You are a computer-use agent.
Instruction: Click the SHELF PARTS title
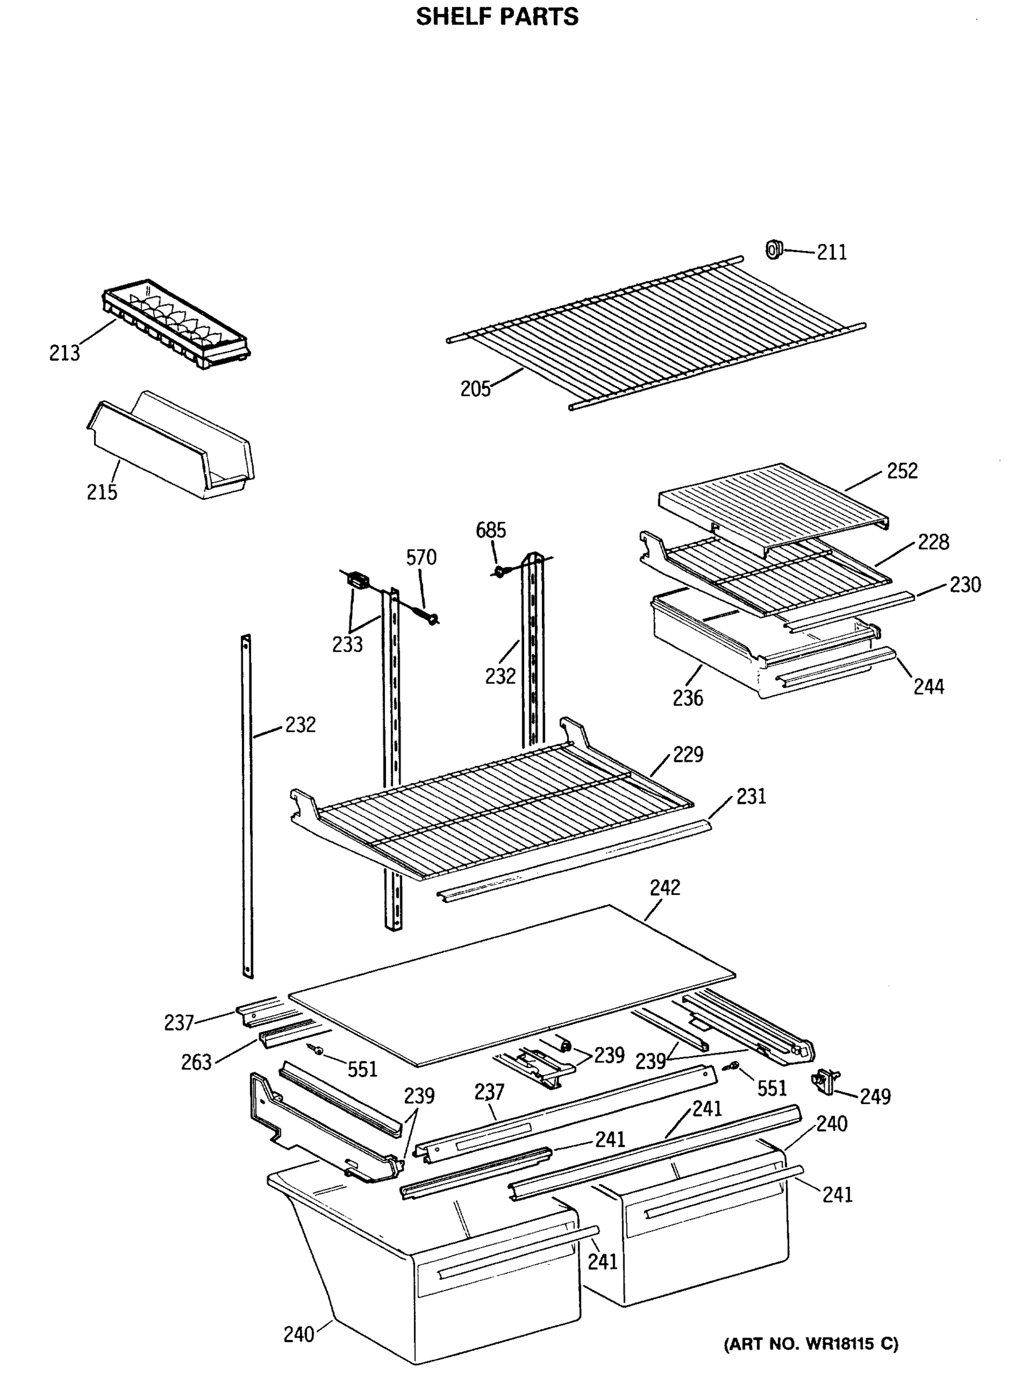[x=497, y=17]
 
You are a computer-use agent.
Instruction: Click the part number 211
[x=831, y=252]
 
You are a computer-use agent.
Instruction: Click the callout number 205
[x=475, y=389]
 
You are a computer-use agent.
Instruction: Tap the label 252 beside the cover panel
[x=902, y=471]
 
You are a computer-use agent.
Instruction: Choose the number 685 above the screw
[x=491, y=530]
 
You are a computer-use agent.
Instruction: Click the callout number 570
[x=421, y=557]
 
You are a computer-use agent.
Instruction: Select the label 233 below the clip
[x=348, y=644]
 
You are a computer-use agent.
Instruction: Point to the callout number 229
[x=688, y=755]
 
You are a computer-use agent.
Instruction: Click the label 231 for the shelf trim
[x=751, y=797]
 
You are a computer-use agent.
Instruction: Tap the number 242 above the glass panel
[x=665, y=888]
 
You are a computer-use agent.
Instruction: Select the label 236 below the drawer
[x=688, y=698]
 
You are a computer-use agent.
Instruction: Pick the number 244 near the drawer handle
[x=928, y=686]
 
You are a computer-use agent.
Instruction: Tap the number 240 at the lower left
[x=299, y=1334]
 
